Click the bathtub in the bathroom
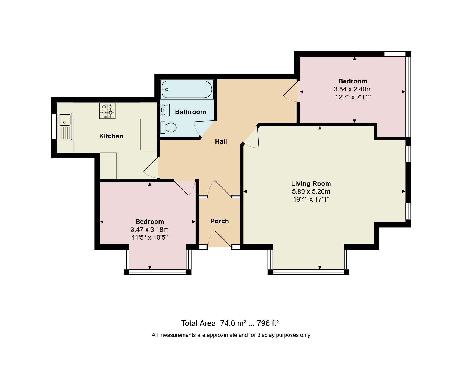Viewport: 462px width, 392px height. click(187, 89)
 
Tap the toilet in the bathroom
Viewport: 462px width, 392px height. click(169, 127)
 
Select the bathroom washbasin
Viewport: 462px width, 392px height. click(165, 110)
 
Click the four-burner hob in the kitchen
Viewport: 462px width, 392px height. click(107, 110)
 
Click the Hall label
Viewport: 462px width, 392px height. click(221, 141)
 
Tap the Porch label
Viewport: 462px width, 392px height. click(219, 221)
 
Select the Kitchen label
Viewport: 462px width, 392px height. click(111, 136)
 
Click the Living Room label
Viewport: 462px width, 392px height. click(311, 184)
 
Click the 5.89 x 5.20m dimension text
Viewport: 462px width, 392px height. click(311, 192)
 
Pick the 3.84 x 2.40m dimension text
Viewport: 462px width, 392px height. click(352, 89)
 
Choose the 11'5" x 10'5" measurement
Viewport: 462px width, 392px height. click(150, 238)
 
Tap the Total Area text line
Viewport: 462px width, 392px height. click(230, 323)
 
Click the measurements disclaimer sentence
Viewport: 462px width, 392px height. click(231, 335)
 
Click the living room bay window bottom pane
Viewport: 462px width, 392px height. click(308, 272)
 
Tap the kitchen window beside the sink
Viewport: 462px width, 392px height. click(54, 127)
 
